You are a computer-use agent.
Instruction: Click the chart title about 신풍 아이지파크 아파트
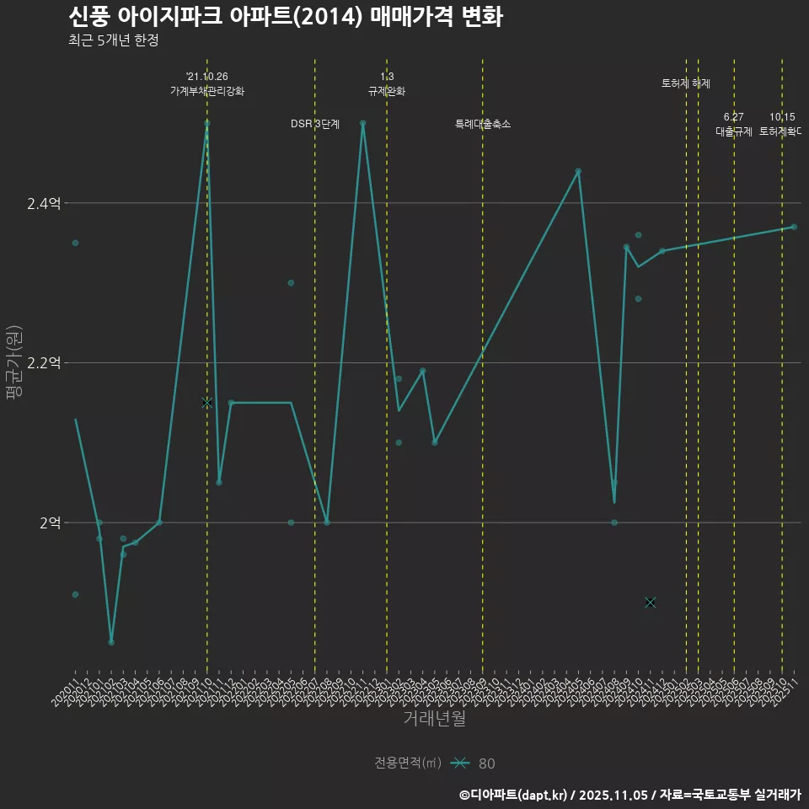pos(285,17)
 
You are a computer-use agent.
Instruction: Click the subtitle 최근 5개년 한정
pos(113,40)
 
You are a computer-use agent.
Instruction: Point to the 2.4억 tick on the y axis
pos(44,203)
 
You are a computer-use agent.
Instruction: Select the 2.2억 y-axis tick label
pos(44,363)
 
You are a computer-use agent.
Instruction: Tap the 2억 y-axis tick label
pos(50,522)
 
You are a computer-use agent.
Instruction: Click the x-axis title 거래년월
pos(434,719)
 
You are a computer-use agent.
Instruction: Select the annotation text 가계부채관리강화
pos(207,91)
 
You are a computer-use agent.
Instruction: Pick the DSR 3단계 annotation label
pos(315,124)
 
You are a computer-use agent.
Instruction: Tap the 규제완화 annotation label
pos(387,91)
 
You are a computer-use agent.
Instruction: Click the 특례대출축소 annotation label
pos(483,124)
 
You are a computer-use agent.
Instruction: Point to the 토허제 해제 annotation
pos(686,83)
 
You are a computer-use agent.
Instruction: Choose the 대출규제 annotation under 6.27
pos(734,131)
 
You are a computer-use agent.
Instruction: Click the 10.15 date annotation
pos(782,117)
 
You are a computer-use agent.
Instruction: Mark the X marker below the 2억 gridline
pos(650,602)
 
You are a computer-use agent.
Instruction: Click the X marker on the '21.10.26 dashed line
pos(207,403)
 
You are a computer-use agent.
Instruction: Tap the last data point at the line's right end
pos(794,227)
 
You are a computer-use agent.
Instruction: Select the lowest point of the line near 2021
pos(111,642)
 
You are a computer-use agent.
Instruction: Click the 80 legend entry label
pos(487,763)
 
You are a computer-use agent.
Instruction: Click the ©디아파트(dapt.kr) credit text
pos(515,795)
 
